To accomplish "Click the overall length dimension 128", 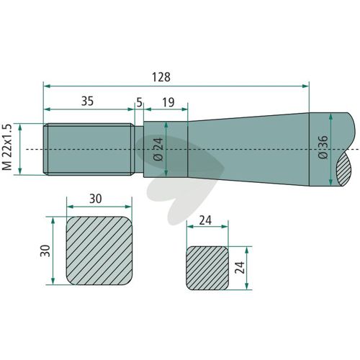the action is (161, 77).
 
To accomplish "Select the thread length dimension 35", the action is (87, 101).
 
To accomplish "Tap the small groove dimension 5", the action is (140, 102).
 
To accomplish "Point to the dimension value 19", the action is (168, 102).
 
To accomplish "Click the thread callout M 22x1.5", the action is (7, 147).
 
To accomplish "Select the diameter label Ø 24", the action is (158, 149).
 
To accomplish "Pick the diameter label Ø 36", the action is (323, 147).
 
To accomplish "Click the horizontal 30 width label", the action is (96, 199).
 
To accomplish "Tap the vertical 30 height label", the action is (45, 251).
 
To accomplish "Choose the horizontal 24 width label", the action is (205, 220).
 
